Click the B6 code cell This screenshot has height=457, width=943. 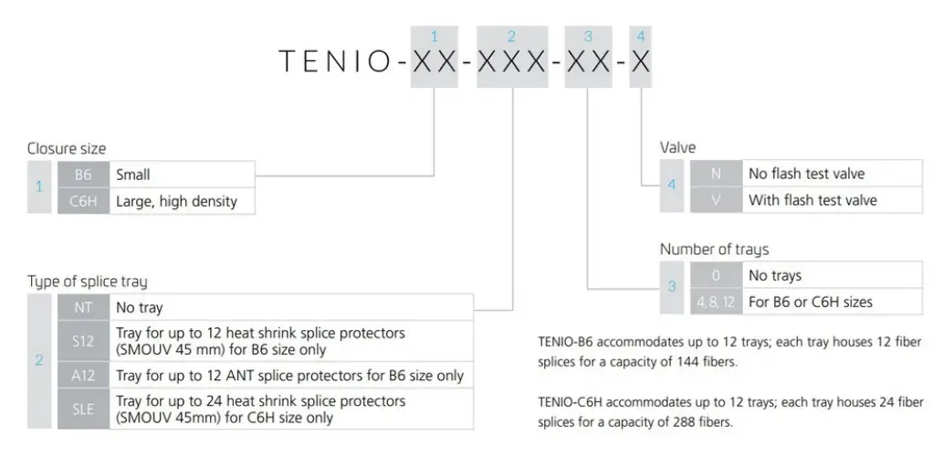(83, 174)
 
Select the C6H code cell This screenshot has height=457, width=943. (83, 201)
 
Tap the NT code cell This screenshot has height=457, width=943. (83, 309)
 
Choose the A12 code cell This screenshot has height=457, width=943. (83, 375)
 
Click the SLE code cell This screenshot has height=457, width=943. (83, 409)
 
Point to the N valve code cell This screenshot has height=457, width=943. (716, 174)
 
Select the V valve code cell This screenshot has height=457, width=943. (716, 199)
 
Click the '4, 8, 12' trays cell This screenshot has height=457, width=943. (716, 302)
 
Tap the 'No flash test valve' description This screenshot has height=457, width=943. (806, 174)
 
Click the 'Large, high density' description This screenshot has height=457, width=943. (176, 201)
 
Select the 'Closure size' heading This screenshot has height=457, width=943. (67, 148)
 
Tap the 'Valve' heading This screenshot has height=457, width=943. (677, 147)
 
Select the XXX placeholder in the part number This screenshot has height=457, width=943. (511, 61)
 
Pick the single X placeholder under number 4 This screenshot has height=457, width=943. (641, 61)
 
